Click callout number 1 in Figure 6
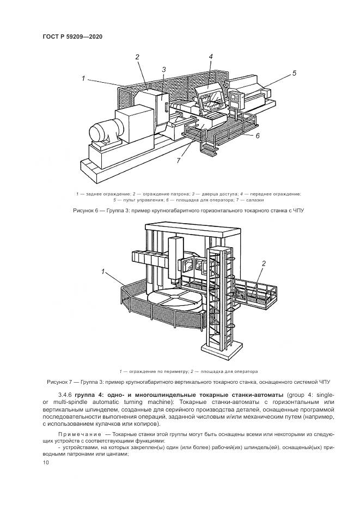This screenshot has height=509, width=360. [x=83, y=79]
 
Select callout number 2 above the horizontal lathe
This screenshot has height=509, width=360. [x=137, y=57]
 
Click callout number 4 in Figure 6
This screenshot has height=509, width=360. [x=210, y=56]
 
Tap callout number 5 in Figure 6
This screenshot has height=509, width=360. [x=294, y=73]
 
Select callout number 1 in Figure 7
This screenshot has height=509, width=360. [x=102, y=271]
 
